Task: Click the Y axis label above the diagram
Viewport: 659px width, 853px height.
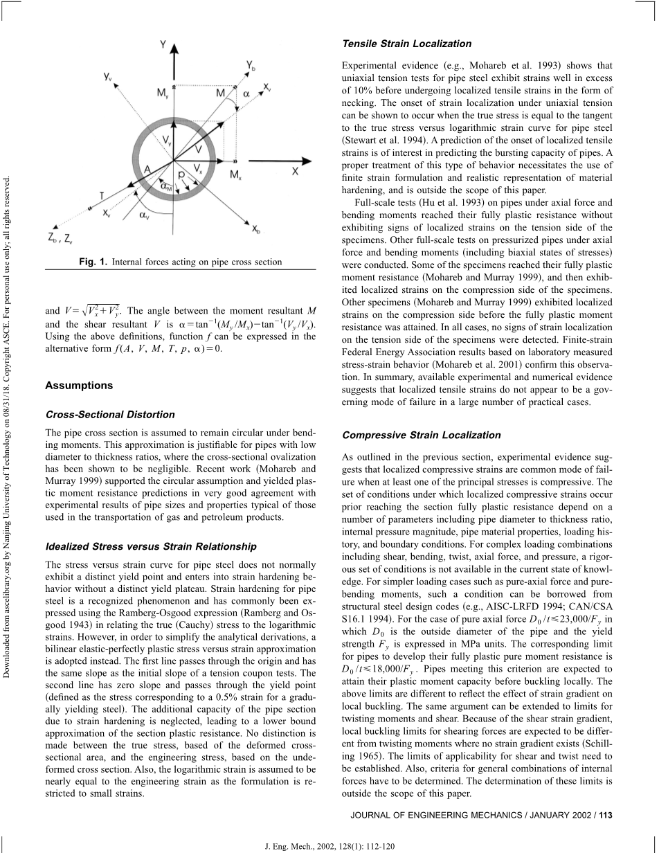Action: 163,45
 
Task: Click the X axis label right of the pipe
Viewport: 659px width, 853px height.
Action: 295,171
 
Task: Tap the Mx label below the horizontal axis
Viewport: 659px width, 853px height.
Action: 236,175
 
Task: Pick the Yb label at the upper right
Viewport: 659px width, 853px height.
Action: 253,66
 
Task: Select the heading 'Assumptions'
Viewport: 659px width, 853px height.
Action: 78,385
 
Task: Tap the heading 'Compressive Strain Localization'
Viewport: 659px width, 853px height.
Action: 421,436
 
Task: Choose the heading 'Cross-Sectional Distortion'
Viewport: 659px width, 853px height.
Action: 109,415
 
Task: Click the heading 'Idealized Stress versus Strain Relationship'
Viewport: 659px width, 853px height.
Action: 150,546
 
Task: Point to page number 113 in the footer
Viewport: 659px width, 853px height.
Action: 606,815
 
